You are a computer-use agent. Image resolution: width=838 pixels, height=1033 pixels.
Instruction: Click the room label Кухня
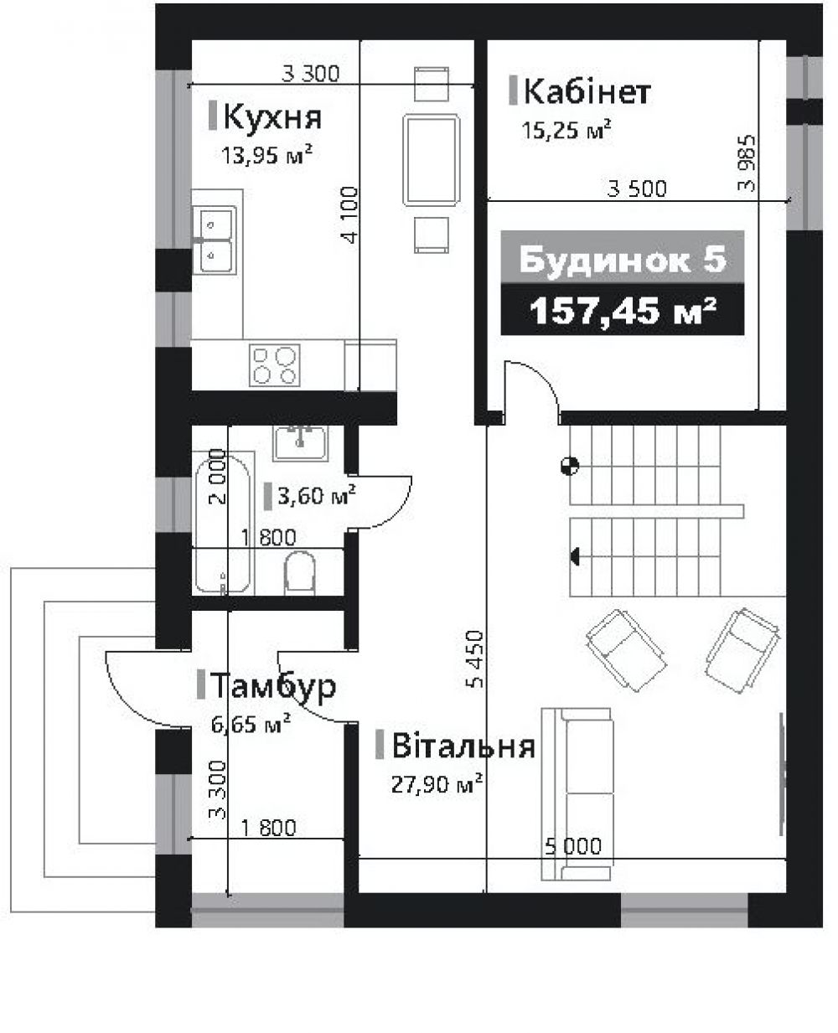(272, 117)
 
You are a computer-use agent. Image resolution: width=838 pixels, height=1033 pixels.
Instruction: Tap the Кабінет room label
(587, 91)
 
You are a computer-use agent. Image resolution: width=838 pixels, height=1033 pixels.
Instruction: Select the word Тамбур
(273, 686)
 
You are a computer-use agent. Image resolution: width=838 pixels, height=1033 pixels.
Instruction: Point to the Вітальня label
(463, 746)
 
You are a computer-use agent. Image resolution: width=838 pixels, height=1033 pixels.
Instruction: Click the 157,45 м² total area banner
(622, 310)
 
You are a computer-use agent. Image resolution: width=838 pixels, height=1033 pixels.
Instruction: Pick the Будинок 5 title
(622, 259)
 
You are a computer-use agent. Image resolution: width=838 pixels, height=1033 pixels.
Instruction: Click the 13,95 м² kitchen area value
(266, 155)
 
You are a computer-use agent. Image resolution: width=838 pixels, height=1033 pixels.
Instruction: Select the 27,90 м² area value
(437, 784)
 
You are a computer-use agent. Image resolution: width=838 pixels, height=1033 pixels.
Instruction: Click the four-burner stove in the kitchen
(275, 365)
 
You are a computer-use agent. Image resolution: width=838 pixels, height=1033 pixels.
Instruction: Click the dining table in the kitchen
(431, 159)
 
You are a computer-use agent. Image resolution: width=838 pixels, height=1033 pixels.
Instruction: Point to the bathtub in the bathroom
(224, 523)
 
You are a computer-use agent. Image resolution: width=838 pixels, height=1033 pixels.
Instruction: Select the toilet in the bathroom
(299, 572)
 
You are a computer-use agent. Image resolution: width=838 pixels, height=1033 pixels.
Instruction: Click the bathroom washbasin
(300, 443)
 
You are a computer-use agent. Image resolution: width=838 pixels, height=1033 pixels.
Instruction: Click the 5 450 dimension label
(475, 659)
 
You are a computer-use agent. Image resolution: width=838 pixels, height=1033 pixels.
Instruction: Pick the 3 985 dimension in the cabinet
(747, 163)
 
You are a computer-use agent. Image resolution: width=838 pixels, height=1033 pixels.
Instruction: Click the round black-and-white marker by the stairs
(570, 466)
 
